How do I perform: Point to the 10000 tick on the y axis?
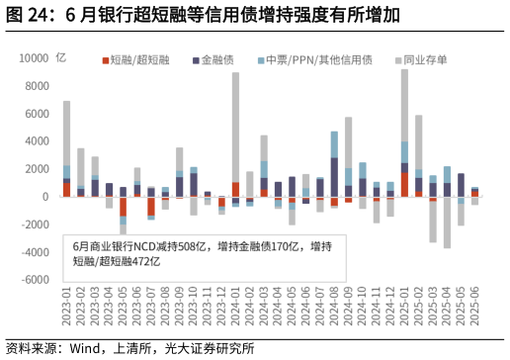point(35,58)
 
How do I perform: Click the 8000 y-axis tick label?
point(37,86)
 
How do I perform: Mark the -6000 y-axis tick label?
point(35,280)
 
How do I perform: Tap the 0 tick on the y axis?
point(44,197)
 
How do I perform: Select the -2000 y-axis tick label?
point(35,225)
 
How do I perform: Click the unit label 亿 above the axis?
point(61,58)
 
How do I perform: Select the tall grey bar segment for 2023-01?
point(67,133)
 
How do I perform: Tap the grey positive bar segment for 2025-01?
point(405,104)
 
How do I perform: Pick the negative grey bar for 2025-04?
point(447,223)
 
